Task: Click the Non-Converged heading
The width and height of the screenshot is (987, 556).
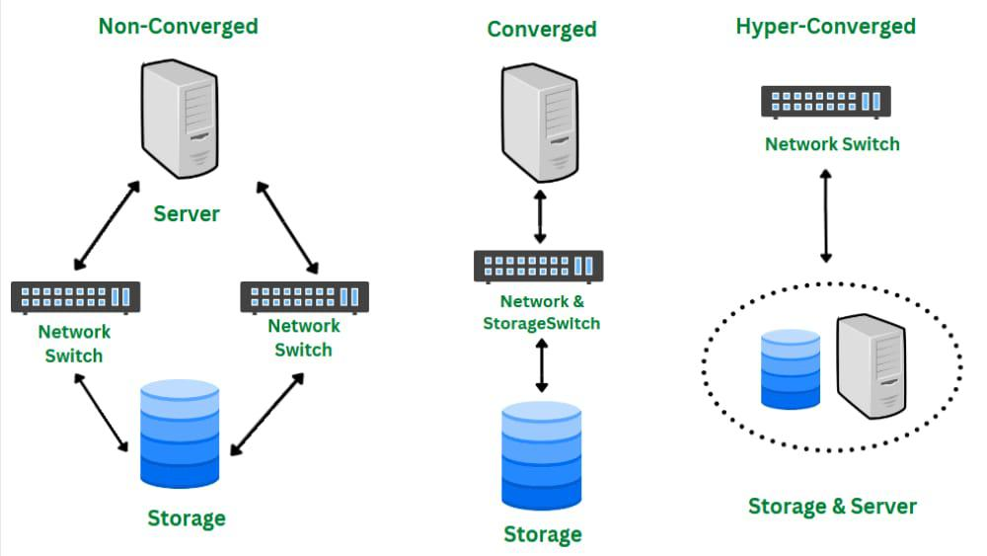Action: pyautogui.click(x=178, y=26)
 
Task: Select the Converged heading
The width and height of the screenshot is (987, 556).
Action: pyautogui.click(x=542, y=29)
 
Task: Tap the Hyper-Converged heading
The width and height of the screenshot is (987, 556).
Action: pyautogui.click(x=825, y=27)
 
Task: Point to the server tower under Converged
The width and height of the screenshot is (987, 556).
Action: pyautogui.click(x=539, y=122)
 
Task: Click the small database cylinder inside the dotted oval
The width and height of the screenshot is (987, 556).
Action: pyautogui.click(x=791, y=369)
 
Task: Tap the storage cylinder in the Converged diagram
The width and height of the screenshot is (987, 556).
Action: pyautogui.click(x=541, y=455)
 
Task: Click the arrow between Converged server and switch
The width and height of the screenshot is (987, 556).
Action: pyautogui.click(x=539, y=217)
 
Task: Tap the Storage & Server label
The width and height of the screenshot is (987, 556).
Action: pyautogui.click(x=832, y=507)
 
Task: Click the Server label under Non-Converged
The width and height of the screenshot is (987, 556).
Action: pyautogui.click(x=187, y=213)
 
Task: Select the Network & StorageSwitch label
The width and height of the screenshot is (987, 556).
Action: pyautogui.click(x=541, y=313)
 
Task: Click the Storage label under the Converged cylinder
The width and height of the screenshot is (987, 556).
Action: pyautogui.click(x=543, y=534)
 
